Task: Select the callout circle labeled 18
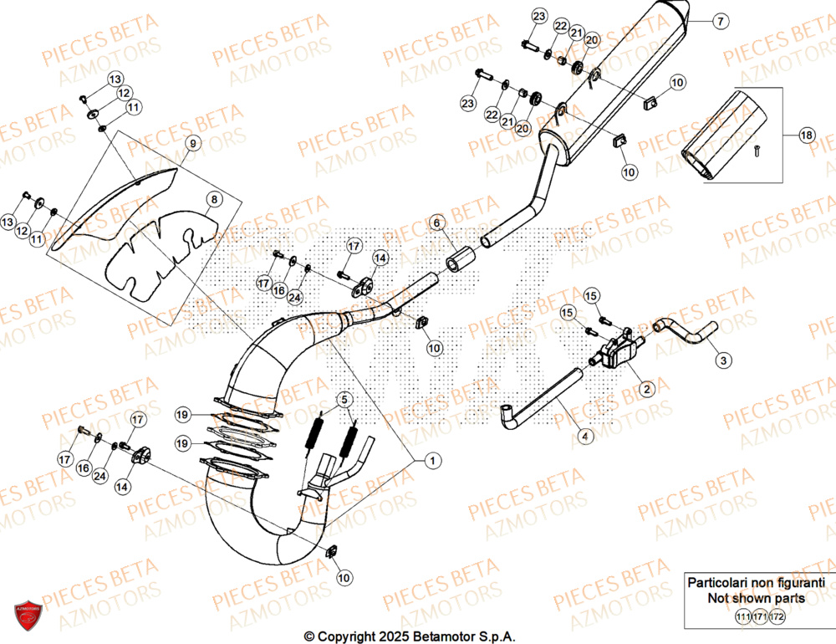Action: point(806,135)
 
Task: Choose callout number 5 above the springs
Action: point(342,399)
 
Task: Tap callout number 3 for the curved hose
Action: point(723,360)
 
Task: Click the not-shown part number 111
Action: point(742,617)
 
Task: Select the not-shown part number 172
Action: point(777,617)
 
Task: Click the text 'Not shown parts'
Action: point(756,598)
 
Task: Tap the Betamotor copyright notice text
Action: point(409,636)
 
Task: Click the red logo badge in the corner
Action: point(27,617)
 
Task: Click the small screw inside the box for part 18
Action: point(757,151)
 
